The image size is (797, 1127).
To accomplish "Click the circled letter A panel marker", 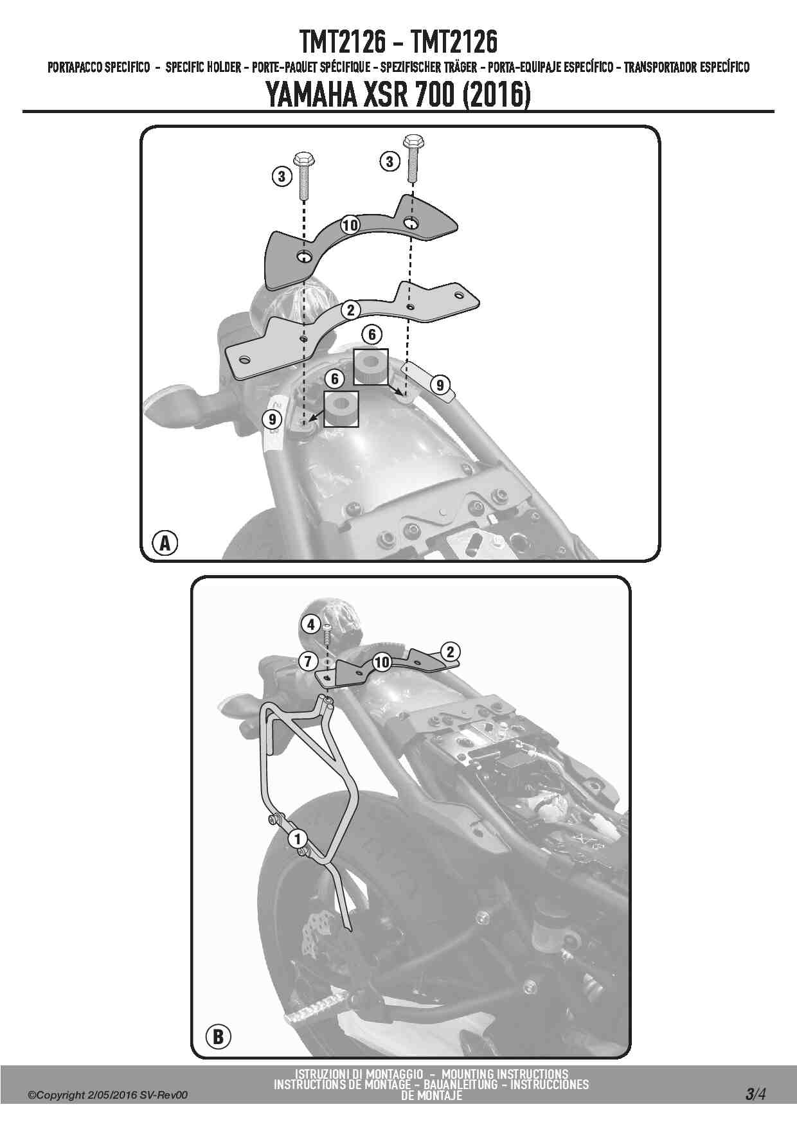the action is pyautogui.click(x=165, y=543).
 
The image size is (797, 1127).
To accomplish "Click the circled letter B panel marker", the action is pyautogui.click(x=217, y=1036).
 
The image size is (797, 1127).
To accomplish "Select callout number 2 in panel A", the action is pyautogui.click(x=350, y=310).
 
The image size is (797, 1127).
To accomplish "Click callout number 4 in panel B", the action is pyautogui.click(x=310, y=624).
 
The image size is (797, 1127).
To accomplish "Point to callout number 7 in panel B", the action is pyautogui.click(x=308, y=661).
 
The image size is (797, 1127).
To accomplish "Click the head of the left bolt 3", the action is pyautogui.click(x=303, y=158).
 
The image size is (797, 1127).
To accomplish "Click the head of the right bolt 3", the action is pyautogui.click(x=411, y=139).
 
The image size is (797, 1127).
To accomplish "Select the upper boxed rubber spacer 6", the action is pyautogui.click(x=371, y=367).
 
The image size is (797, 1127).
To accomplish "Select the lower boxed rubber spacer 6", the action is pyautogui.click(x=341, y=409).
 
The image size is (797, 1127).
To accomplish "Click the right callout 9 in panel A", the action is pyautogui.click(x=440, y=385).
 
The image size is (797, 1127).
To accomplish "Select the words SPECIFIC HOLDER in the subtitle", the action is pyautogui.click(x=202, y=67).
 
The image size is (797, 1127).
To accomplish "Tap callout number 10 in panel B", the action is pyautogui.click(x=382, y=662).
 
